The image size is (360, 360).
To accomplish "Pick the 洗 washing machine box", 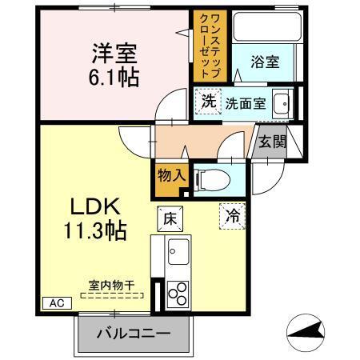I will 207,102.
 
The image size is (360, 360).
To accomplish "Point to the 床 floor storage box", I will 170,217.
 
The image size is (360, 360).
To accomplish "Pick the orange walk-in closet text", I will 211,45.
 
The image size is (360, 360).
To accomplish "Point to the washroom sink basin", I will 281,103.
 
